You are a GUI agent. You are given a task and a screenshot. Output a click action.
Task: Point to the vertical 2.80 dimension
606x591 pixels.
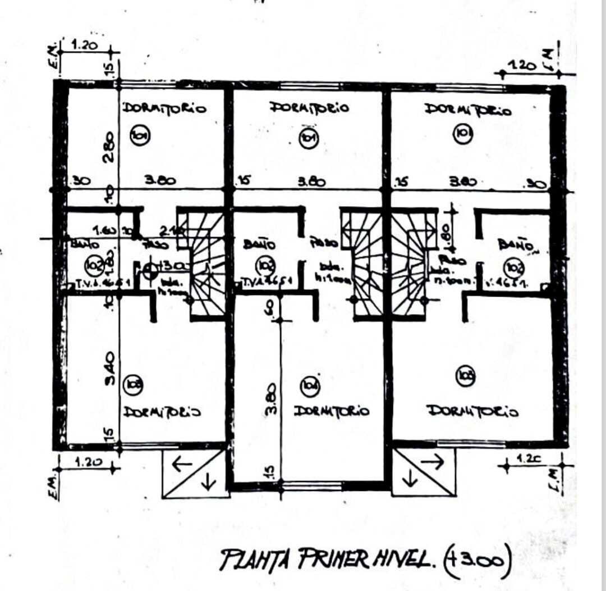pos(109,148)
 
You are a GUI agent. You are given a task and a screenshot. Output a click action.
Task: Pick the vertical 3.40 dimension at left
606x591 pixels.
pos(110,368)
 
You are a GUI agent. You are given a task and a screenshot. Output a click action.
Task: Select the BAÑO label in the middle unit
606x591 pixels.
pos(259,244)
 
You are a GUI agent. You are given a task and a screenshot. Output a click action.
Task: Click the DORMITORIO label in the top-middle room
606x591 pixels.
pos(309,107)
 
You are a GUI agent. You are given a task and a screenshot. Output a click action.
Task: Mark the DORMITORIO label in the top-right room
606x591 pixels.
pos(468,110)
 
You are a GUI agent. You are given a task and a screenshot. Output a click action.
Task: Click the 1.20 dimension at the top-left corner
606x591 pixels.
pos(85,45)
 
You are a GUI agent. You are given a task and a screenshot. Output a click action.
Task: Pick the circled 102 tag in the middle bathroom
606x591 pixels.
pos(264,265)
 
